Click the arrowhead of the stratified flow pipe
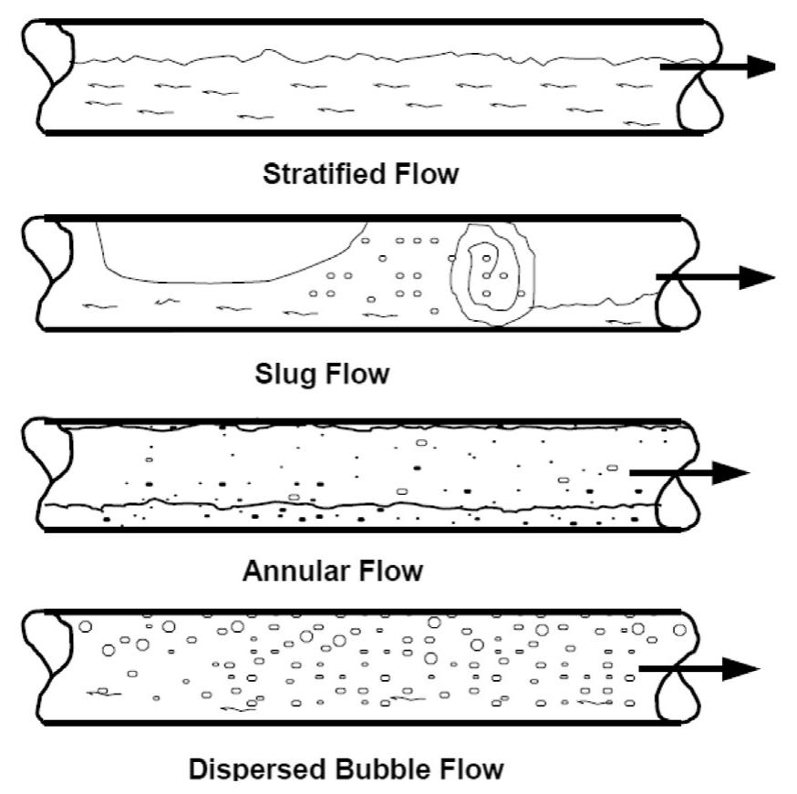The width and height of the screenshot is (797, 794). (x=758, y=67)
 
